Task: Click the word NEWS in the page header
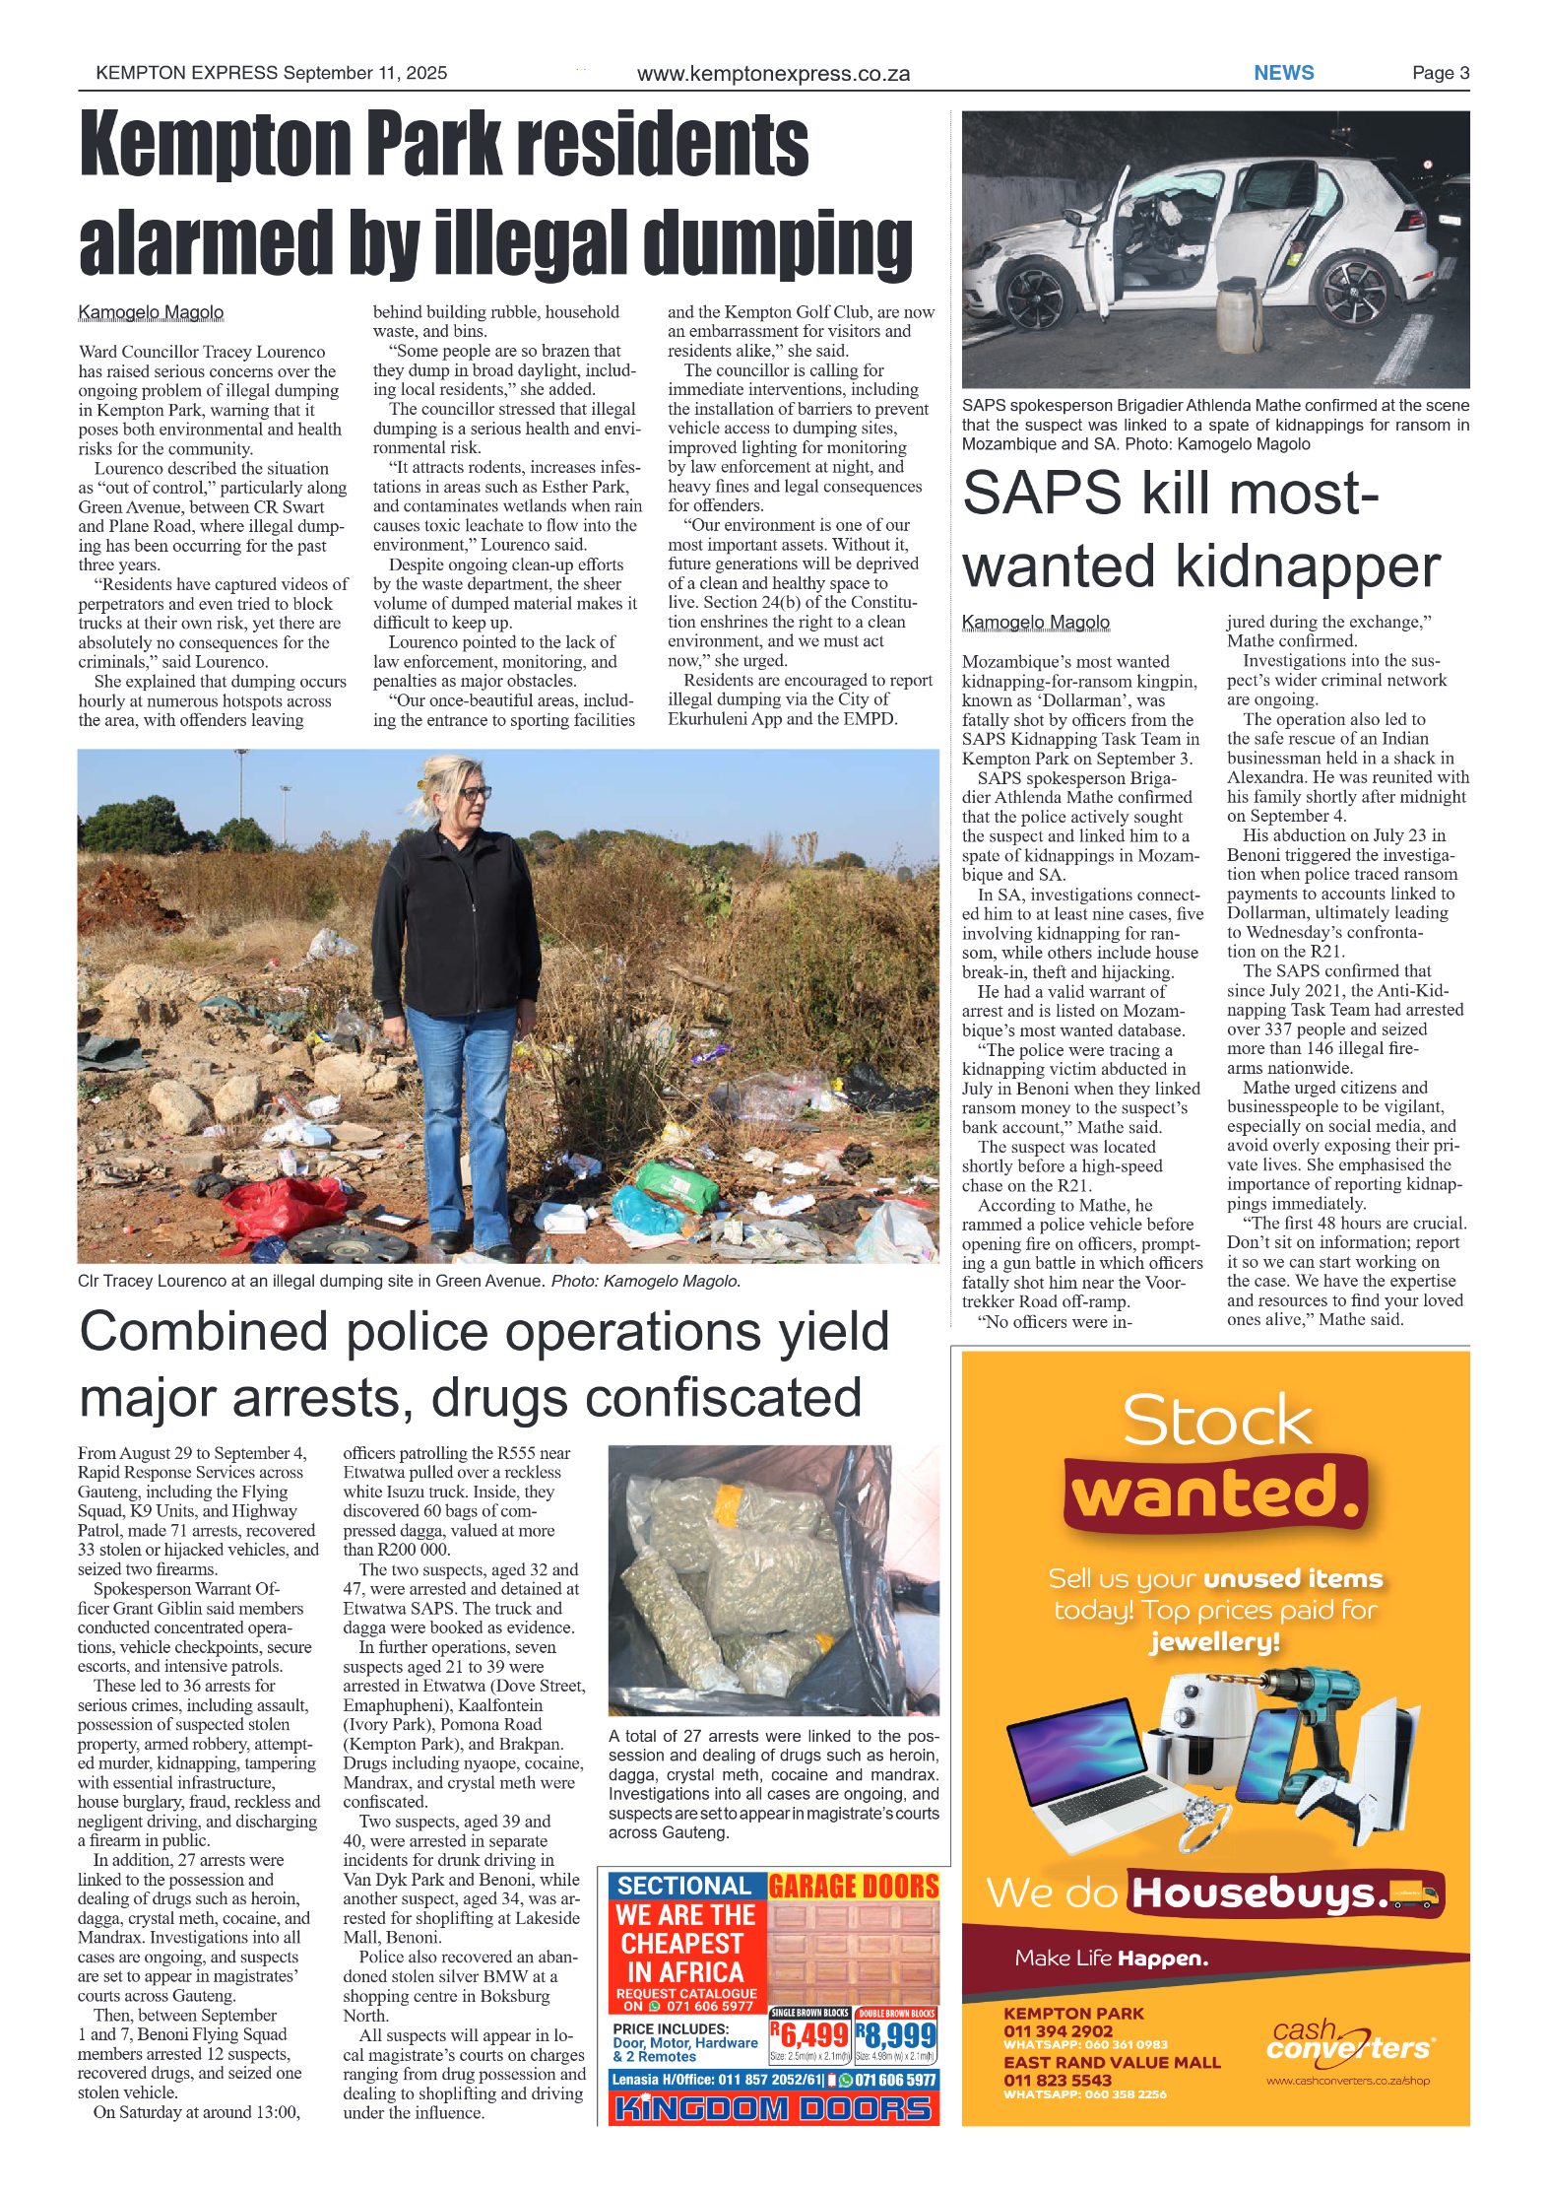click(x=1282, y=73)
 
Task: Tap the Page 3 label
click(x=1440, y=73)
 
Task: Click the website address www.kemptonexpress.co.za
click(x=773, y=74)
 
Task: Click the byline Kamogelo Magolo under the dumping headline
click(x=151, y=312)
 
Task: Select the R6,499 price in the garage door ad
click(x=809, y=2034)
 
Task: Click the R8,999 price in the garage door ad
click(x=895, y=2034)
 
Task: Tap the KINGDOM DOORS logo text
click(x=773, y=2108)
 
